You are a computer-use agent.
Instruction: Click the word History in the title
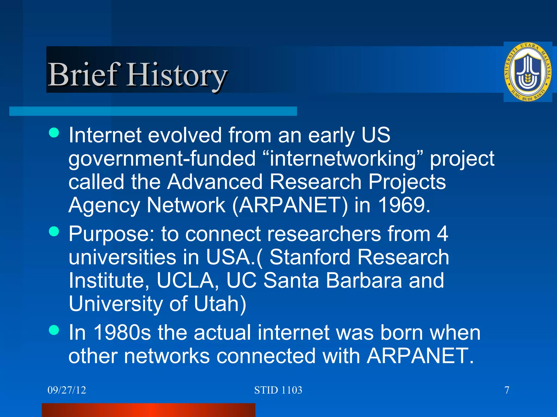(x=177, y=75)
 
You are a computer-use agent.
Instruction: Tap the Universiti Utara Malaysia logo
(x=527, y=72)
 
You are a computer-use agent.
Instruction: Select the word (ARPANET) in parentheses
(x=290, y=205)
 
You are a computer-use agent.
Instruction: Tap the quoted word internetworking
(x=343, y=159)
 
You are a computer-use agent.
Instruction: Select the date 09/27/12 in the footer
(x=67, y=390)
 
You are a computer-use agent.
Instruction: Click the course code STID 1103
(x=278, y=390)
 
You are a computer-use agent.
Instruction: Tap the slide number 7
(x=507, y=390)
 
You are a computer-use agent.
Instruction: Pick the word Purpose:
(x=112, y=234)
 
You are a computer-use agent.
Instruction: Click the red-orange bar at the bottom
(x=148, y=410)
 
